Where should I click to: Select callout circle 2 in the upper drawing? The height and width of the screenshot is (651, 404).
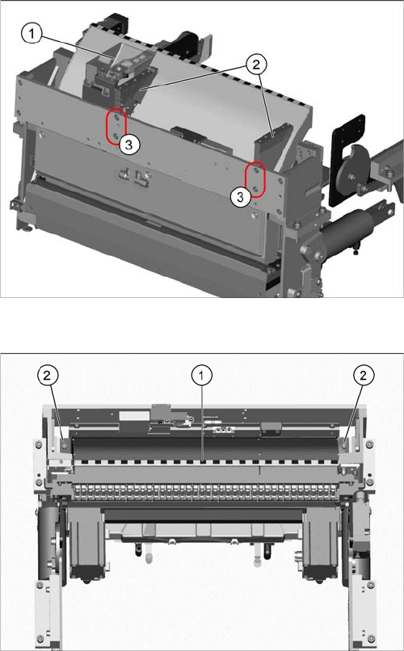(256, 65)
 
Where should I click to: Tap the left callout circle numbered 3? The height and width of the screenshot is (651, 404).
(129, 145)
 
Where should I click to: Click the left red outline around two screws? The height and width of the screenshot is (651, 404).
(116, 127)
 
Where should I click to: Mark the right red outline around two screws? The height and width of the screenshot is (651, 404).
(255, 179)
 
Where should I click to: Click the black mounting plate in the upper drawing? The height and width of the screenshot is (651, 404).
(347, 160)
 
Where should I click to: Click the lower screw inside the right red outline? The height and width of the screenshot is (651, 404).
(256, 189)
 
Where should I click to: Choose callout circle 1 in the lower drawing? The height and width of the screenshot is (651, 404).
(202, 376)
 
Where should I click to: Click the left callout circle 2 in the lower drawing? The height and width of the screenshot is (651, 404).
(48, 376)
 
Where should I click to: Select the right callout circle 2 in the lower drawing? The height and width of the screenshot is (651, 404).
(364, 376)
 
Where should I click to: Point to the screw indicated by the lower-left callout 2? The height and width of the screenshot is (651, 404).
(64, 445)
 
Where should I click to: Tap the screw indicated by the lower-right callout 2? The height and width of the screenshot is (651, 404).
(345, 445)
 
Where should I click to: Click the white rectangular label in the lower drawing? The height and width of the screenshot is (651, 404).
(134, 417)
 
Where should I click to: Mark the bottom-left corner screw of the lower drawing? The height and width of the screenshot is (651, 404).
(40, 638)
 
